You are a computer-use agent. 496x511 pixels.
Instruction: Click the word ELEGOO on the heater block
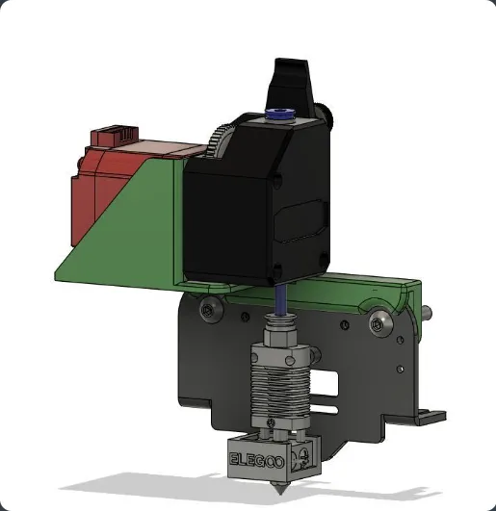click(x=256, y=460)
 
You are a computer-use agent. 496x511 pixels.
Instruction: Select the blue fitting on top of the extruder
click(x=280, y=114)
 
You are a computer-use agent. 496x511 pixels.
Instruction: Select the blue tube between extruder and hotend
click(x=280, y=299)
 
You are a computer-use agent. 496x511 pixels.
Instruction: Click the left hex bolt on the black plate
click(x=207, y=310)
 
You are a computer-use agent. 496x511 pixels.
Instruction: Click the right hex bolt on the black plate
click(x=379, y=323)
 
